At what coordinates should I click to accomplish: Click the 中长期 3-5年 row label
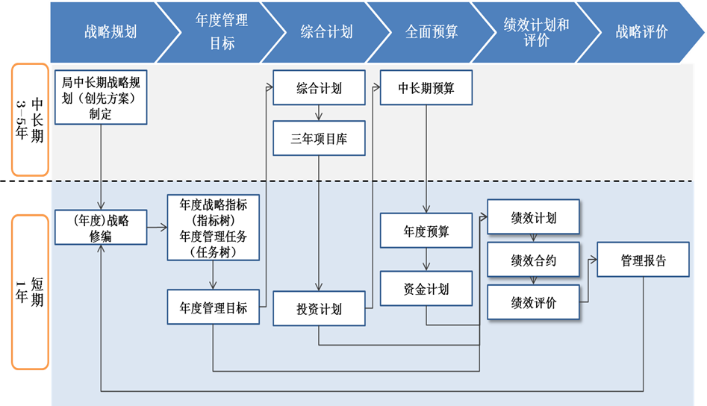(x=30, y=119)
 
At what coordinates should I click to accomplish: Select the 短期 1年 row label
(x=30, y=292)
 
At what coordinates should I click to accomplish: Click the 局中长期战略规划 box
(x=100, y=96)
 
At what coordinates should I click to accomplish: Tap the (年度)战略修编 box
(x=100, y=228)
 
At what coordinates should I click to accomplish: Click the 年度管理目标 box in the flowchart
(x=214, y=307)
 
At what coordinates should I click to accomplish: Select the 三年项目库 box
(x=319, y=138)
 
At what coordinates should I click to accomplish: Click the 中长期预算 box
(x=426, y=88)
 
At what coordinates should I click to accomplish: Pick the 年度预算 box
(x=426, y=231)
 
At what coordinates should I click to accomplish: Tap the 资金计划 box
(x=426, y=289)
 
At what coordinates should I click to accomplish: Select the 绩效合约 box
(x=533, y=260)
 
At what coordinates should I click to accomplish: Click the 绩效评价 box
(x=533, y=303)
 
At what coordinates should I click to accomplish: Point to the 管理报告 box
(x=643, y=260)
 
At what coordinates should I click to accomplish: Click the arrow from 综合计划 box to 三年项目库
(x=319, y=113)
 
